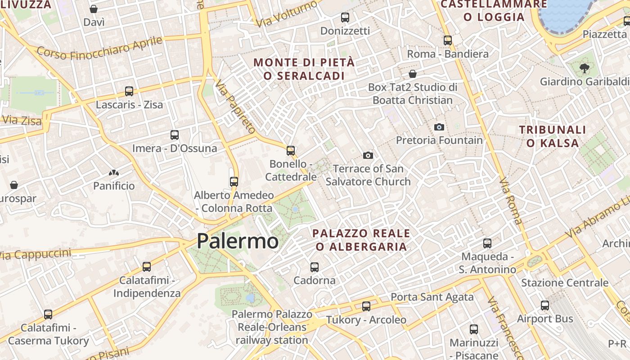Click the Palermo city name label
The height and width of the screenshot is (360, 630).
coord(238,241)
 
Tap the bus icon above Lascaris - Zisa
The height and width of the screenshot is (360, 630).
coord(129,91)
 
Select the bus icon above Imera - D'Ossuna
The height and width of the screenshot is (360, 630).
coord(175,135)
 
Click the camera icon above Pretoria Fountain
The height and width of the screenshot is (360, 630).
coord(439,127)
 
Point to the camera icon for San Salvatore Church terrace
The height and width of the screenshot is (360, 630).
coord(368,155)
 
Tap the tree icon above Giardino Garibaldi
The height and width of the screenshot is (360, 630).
coord(584,68)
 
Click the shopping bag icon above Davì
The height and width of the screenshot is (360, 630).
coord(94,9)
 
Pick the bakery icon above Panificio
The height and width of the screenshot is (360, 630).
coord(113,172)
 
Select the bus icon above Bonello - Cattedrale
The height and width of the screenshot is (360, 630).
coord(291,150)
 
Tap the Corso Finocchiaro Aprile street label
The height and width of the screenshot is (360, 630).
coord(99,48)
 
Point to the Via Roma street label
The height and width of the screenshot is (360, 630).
coord(511,201)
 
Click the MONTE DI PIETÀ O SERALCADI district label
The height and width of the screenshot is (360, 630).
coord(304,69)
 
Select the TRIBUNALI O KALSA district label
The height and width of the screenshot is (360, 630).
coord(553,136)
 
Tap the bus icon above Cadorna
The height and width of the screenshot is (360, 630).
coord(315,267)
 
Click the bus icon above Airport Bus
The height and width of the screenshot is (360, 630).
coord(545,306)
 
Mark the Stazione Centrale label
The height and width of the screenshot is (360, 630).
coord(565,283)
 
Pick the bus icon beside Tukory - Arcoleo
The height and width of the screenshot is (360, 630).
coord(366,306)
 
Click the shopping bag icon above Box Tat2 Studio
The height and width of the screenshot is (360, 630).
coord(413,74)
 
